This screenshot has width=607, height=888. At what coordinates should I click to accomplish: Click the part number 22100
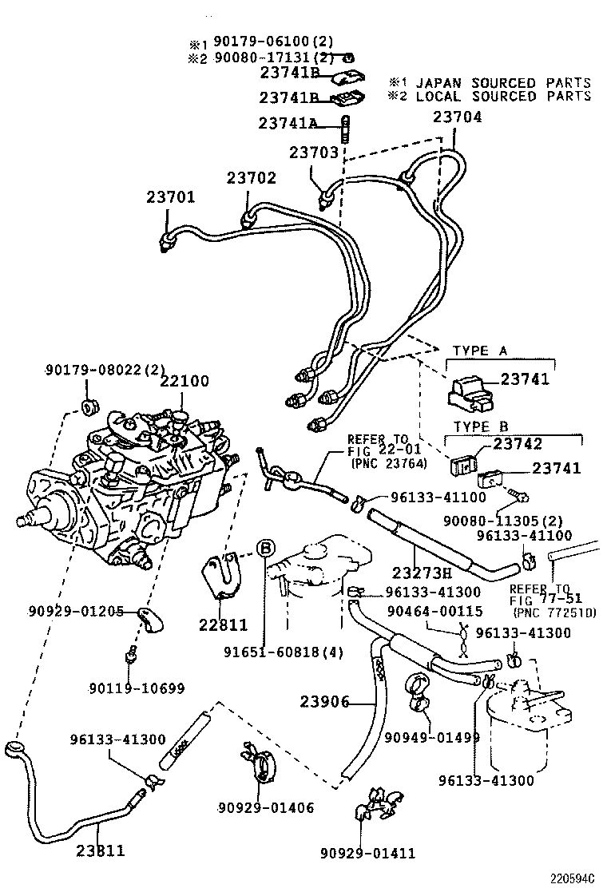click(184, 381)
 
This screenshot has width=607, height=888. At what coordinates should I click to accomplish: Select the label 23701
click(170, 197)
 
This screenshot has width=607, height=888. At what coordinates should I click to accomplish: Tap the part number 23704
click(458, 117)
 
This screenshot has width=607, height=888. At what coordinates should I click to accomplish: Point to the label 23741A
click(288, 123)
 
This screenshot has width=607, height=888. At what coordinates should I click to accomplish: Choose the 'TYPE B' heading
click(481, 427)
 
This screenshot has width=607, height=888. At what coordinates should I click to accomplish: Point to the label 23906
click(325, 702)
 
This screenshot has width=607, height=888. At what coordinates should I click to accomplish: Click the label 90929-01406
click(265, 808)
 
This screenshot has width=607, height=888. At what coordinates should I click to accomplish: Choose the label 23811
click(101, 850)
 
